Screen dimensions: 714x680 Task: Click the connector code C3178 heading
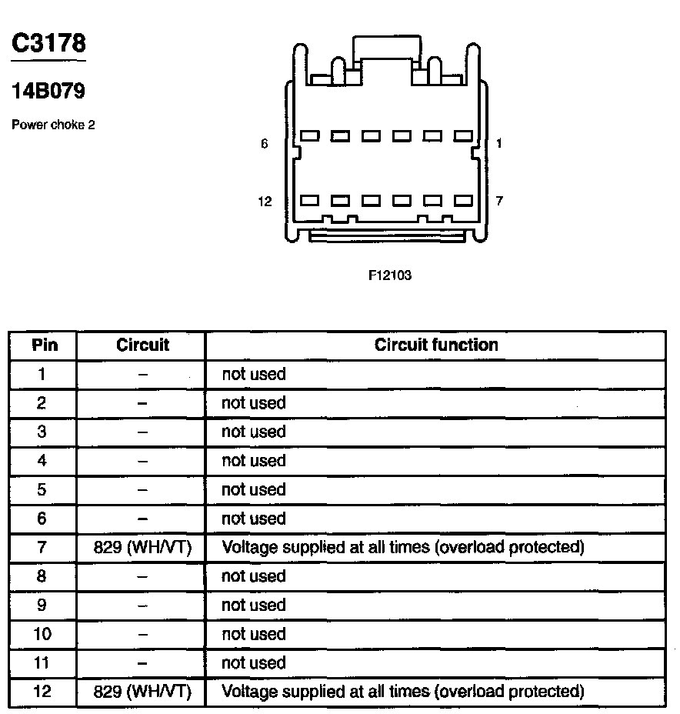[48, 43]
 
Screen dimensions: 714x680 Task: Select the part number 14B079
[48, 92]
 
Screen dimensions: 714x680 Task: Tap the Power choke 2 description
[53, 125]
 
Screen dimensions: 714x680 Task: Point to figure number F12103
[390, 275]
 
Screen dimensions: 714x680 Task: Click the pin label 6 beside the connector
[265, 143]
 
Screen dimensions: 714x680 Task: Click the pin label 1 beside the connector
[499, 143]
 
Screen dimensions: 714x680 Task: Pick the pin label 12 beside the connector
[265, 202]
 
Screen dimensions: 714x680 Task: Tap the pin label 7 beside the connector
[499, 201]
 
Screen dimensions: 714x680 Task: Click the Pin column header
[45, 345]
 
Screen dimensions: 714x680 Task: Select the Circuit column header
[142, 345]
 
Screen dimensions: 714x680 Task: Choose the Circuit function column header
[436, 345]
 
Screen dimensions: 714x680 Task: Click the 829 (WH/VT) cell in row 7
[142, 547]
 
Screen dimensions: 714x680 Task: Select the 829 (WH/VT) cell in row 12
[142, 692]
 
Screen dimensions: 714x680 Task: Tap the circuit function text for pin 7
[402, 547]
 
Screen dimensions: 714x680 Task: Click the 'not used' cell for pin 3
[254, 432]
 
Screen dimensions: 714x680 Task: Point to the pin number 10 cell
[42, 634]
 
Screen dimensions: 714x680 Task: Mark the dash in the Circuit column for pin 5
[142, 490]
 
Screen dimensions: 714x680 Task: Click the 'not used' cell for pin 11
[254, 663]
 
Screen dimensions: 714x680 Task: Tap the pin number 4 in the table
[42, 461]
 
